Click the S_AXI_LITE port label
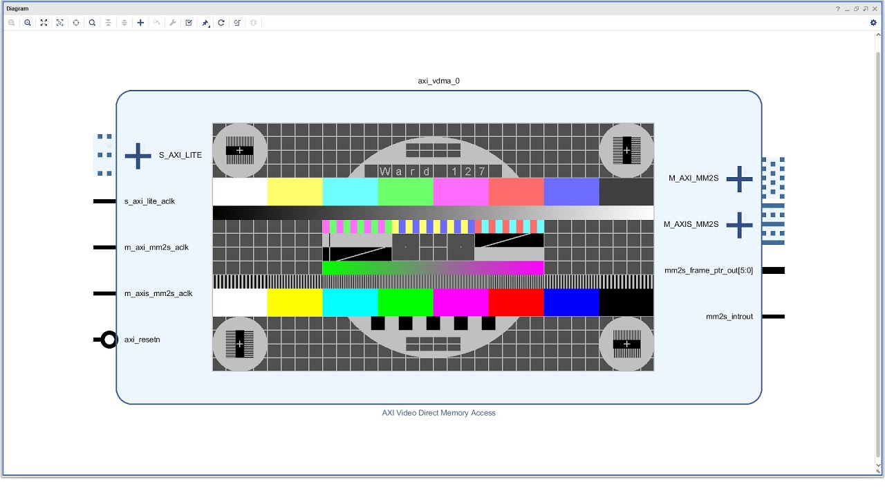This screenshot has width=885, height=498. (x=180, y=155)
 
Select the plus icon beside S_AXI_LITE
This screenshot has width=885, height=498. (x=138, y=156)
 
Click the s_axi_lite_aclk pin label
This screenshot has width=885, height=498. (x=149, y=201)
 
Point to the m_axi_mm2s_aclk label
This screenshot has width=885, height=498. (x=156, y=248)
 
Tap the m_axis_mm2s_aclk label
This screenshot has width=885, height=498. (x=158, y=293)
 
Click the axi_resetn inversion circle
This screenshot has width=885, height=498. (x=109, y=340)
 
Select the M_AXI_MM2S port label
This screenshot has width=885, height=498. (x=693, y=178)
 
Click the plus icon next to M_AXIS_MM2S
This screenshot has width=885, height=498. (x=739, y=225)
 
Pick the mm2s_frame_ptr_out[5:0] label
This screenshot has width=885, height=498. (x=709, y=270)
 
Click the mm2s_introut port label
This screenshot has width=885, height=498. (x=729, y=317)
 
